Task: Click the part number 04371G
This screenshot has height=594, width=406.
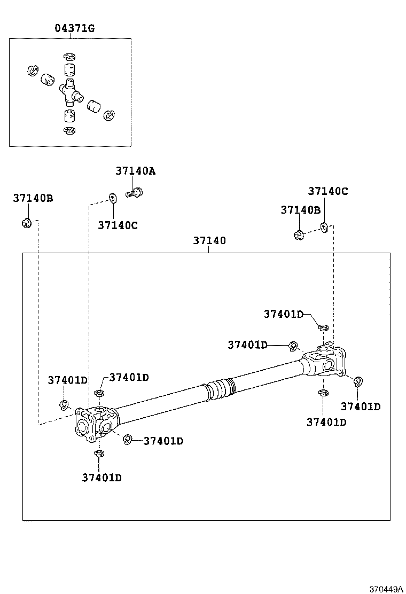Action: (x=75, y=28)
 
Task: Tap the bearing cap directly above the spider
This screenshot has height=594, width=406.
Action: (x=68, y=69)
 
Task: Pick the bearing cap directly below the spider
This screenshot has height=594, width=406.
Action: (x=68, y=116)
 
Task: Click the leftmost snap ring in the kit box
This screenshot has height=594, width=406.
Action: (x=32, y=71)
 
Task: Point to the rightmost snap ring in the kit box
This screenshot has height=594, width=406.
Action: (x=111, y=114)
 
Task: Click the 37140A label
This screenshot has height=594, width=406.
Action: (x=135, y=171)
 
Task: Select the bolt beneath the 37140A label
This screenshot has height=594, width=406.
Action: (x=134, y=192)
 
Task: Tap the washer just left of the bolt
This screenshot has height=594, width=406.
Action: (x=112, y=198)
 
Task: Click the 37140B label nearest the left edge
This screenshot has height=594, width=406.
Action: (x=33, y=198)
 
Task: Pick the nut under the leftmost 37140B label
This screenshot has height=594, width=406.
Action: (x=26, y=222)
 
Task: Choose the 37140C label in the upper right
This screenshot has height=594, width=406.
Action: (x=327, y=191)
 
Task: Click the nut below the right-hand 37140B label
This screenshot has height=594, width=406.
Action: (x=299, y=234)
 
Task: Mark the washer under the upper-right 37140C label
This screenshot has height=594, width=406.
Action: (x=324, y=228)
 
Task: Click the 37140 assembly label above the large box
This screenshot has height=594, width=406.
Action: (x=209, y=241)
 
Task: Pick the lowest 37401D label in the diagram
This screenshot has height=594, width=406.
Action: (x=101, y=478)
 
